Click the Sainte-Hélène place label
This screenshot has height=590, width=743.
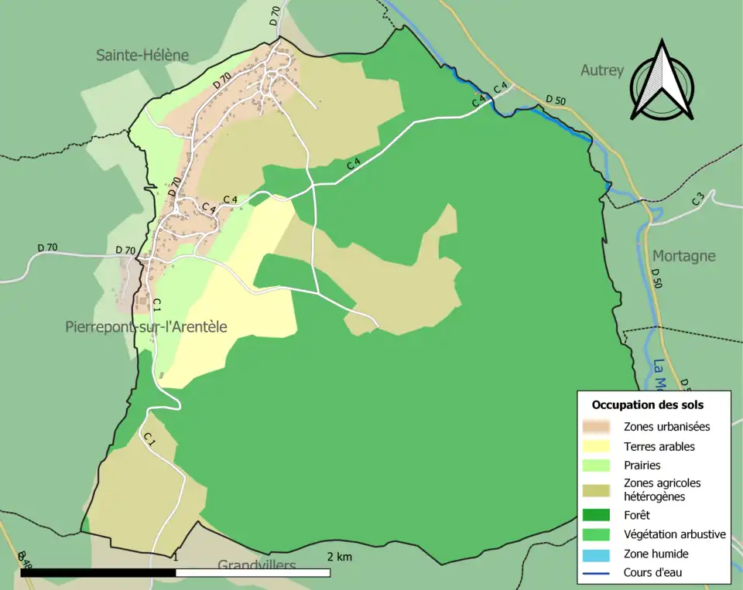(x=142, y=55)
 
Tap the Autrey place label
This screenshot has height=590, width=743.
(x=602, y=70)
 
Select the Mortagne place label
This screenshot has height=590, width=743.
(x=683, y=256)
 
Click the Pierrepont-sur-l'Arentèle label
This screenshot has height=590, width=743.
(x=146, y=327)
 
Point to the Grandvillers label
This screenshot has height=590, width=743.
(x=256, y=565)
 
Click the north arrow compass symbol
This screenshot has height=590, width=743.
(x=662, y=81)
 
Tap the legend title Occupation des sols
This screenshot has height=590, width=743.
(x=648, y=404)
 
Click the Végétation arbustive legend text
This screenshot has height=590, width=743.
(x=674, y=534)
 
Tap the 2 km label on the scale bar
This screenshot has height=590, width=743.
(x=339, y=557)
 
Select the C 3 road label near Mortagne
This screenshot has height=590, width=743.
(x=699, y=199)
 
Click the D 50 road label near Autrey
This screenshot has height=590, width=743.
(x=555, y=100)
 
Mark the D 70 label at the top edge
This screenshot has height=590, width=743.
(x=274, y=16)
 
